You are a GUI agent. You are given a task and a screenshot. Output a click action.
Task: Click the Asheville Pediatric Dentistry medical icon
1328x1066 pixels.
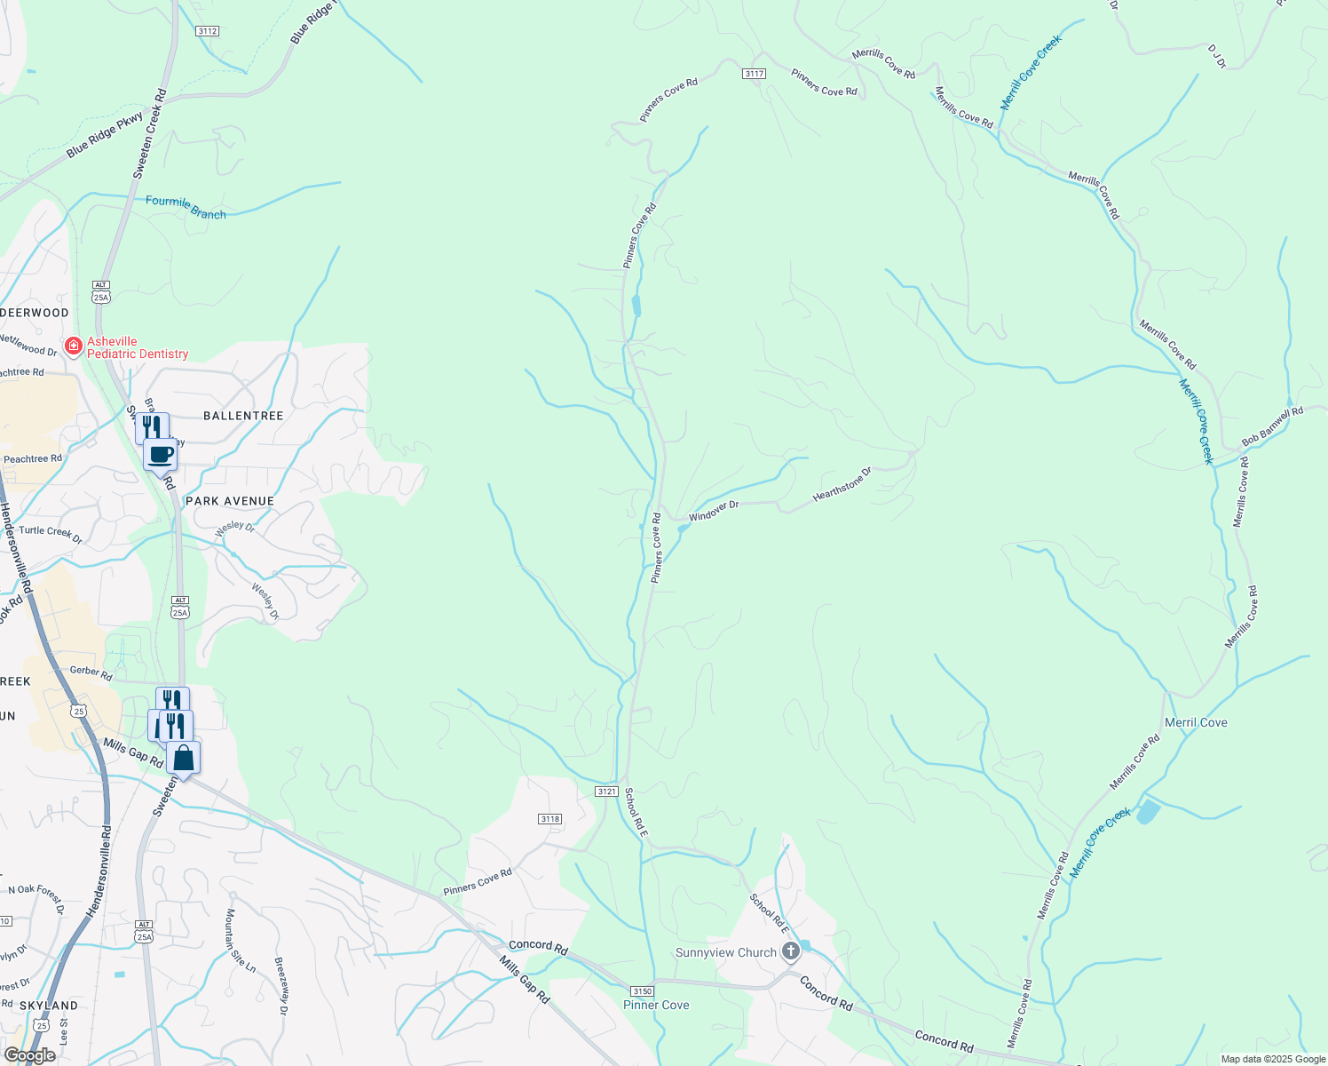click(74, 346)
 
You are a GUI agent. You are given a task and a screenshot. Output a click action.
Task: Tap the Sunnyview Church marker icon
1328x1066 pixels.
click(790, 952)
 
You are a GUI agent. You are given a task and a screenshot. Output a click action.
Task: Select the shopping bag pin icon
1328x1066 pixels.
click(183, 759)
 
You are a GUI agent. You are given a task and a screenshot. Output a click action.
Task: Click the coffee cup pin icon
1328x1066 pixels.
click(161, 455)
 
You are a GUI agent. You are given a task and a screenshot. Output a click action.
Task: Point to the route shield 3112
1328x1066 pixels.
click(207, 31)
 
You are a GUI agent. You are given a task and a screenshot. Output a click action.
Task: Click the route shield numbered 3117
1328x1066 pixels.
click(755, 74)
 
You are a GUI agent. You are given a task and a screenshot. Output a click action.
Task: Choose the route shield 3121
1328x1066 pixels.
click(606, 791)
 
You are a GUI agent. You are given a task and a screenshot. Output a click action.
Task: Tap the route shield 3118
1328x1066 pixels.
click(549, 819)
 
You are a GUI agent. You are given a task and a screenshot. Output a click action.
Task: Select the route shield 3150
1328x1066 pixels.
click(642, 991)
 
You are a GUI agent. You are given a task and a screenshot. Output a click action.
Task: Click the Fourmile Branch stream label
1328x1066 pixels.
click(186, 207)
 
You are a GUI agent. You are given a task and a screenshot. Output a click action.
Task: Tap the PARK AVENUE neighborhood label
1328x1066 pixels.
click(230, 501)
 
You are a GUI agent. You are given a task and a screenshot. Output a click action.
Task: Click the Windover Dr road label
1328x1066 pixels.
click(714, 510)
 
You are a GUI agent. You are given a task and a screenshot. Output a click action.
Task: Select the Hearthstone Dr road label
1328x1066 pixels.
click(842, 482)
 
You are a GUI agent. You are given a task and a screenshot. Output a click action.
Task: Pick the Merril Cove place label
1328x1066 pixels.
click(1196, 722)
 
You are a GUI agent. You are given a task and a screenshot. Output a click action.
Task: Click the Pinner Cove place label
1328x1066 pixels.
click(656, 1005)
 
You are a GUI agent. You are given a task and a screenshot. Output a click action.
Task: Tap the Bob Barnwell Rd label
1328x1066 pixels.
click(1272, 426)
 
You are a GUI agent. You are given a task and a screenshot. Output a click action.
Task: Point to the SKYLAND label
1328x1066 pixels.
click(49, 1006)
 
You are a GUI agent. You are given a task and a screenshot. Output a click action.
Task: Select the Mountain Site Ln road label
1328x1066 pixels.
click(240, 941)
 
